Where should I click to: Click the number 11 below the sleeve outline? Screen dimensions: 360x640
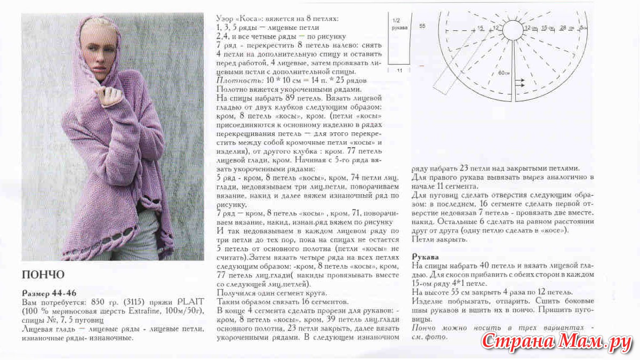(x=398, y=70)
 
